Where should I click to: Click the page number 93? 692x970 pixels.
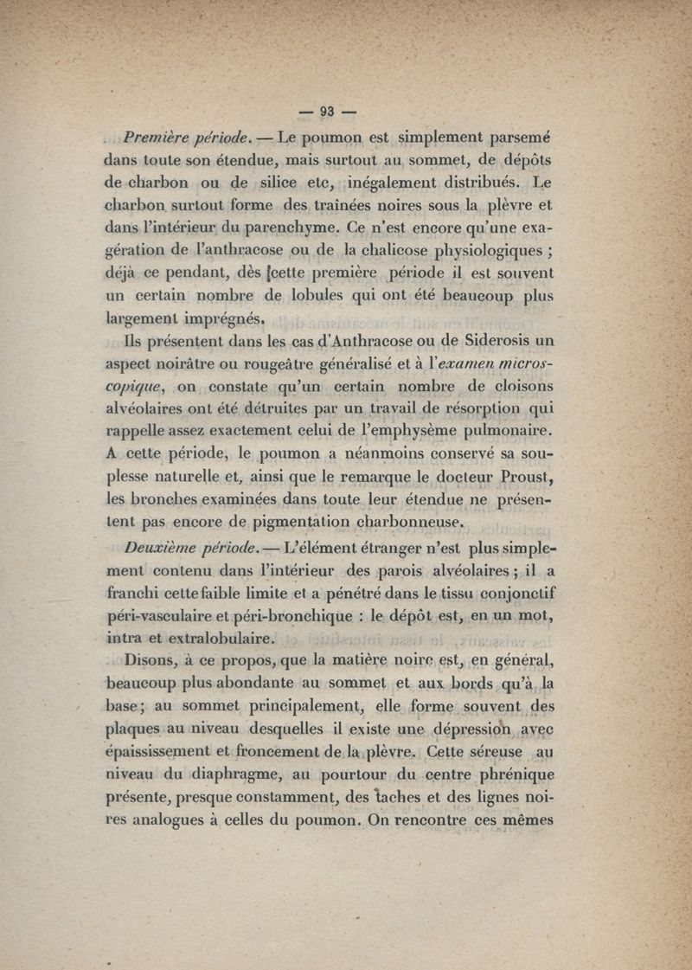tap(327, 110)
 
